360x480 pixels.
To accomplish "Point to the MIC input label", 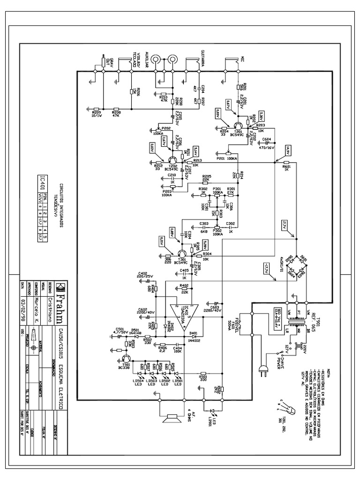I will point(242,60).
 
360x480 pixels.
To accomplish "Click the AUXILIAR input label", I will point(147,61).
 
